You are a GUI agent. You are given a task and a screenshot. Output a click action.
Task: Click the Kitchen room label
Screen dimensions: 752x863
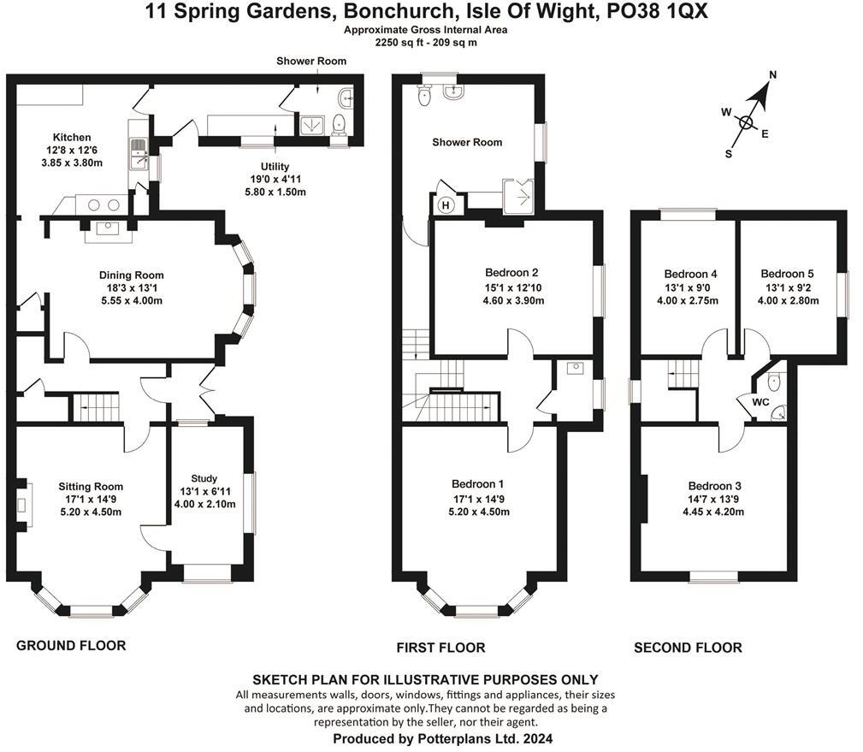point(72,137)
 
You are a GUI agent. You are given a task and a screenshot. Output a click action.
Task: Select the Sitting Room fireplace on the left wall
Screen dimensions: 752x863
point(26,501)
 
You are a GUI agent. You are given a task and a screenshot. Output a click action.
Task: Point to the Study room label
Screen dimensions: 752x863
point(204,478)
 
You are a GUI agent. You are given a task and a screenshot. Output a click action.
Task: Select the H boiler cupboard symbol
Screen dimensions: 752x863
point(445,205)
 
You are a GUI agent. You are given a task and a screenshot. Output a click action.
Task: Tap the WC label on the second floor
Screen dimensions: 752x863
point(760,400)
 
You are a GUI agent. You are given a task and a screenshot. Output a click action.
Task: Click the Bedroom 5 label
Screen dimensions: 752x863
point(789,274)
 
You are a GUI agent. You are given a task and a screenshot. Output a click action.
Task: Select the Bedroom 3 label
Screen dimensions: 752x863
point(713,486)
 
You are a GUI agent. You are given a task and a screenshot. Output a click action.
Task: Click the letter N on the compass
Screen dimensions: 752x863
point(772,74)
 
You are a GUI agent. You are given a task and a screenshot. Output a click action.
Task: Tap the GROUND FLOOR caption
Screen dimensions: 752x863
point(71,645)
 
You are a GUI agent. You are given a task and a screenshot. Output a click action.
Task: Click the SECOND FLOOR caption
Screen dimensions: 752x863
point(688,648)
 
